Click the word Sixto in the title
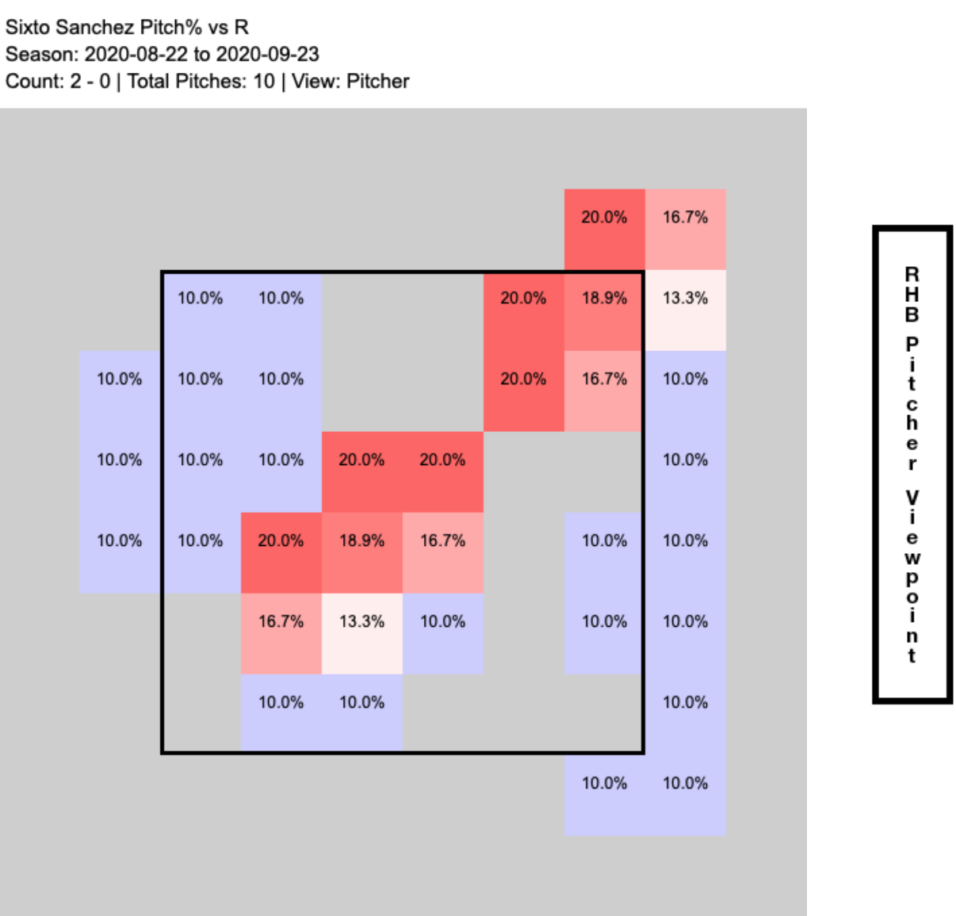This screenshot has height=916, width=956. click(x=24, y=27)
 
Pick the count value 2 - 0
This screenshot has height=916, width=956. click(x=90, y=81)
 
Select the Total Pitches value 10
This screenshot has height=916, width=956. click(x=264, y=81)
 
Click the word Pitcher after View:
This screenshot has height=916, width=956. click(x=377, y=81)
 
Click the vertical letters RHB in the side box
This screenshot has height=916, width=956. click(x=912, y=295)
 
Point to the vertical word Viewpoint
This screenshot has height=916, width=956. click(x=912, y=577)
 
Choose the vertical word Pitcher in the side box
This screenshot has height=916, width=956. click(x=912, y=404)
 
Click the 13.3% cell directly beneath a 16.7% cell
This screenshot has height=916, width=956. click(x=685, y=299)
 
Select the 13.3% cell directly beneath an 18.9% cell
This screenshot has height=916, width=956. click(x=361, y=622)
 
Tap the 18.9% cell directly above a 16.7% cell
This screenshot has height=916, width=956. click(x=604, y=299)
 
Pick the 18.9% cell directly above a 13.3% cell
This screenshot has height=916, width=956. click(x=361, y=541)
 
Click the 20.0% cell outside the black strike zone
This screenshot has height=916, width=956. click(x=604, y=218)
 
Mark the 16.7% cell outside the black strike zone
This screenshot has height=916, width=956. click(x=685, y=218)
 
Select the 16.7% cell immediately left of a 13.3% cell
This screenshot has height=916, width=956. click(x=281, y=622)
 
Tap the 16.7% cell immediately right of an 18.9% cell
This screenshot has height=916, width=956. click(x=442, y=541)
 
